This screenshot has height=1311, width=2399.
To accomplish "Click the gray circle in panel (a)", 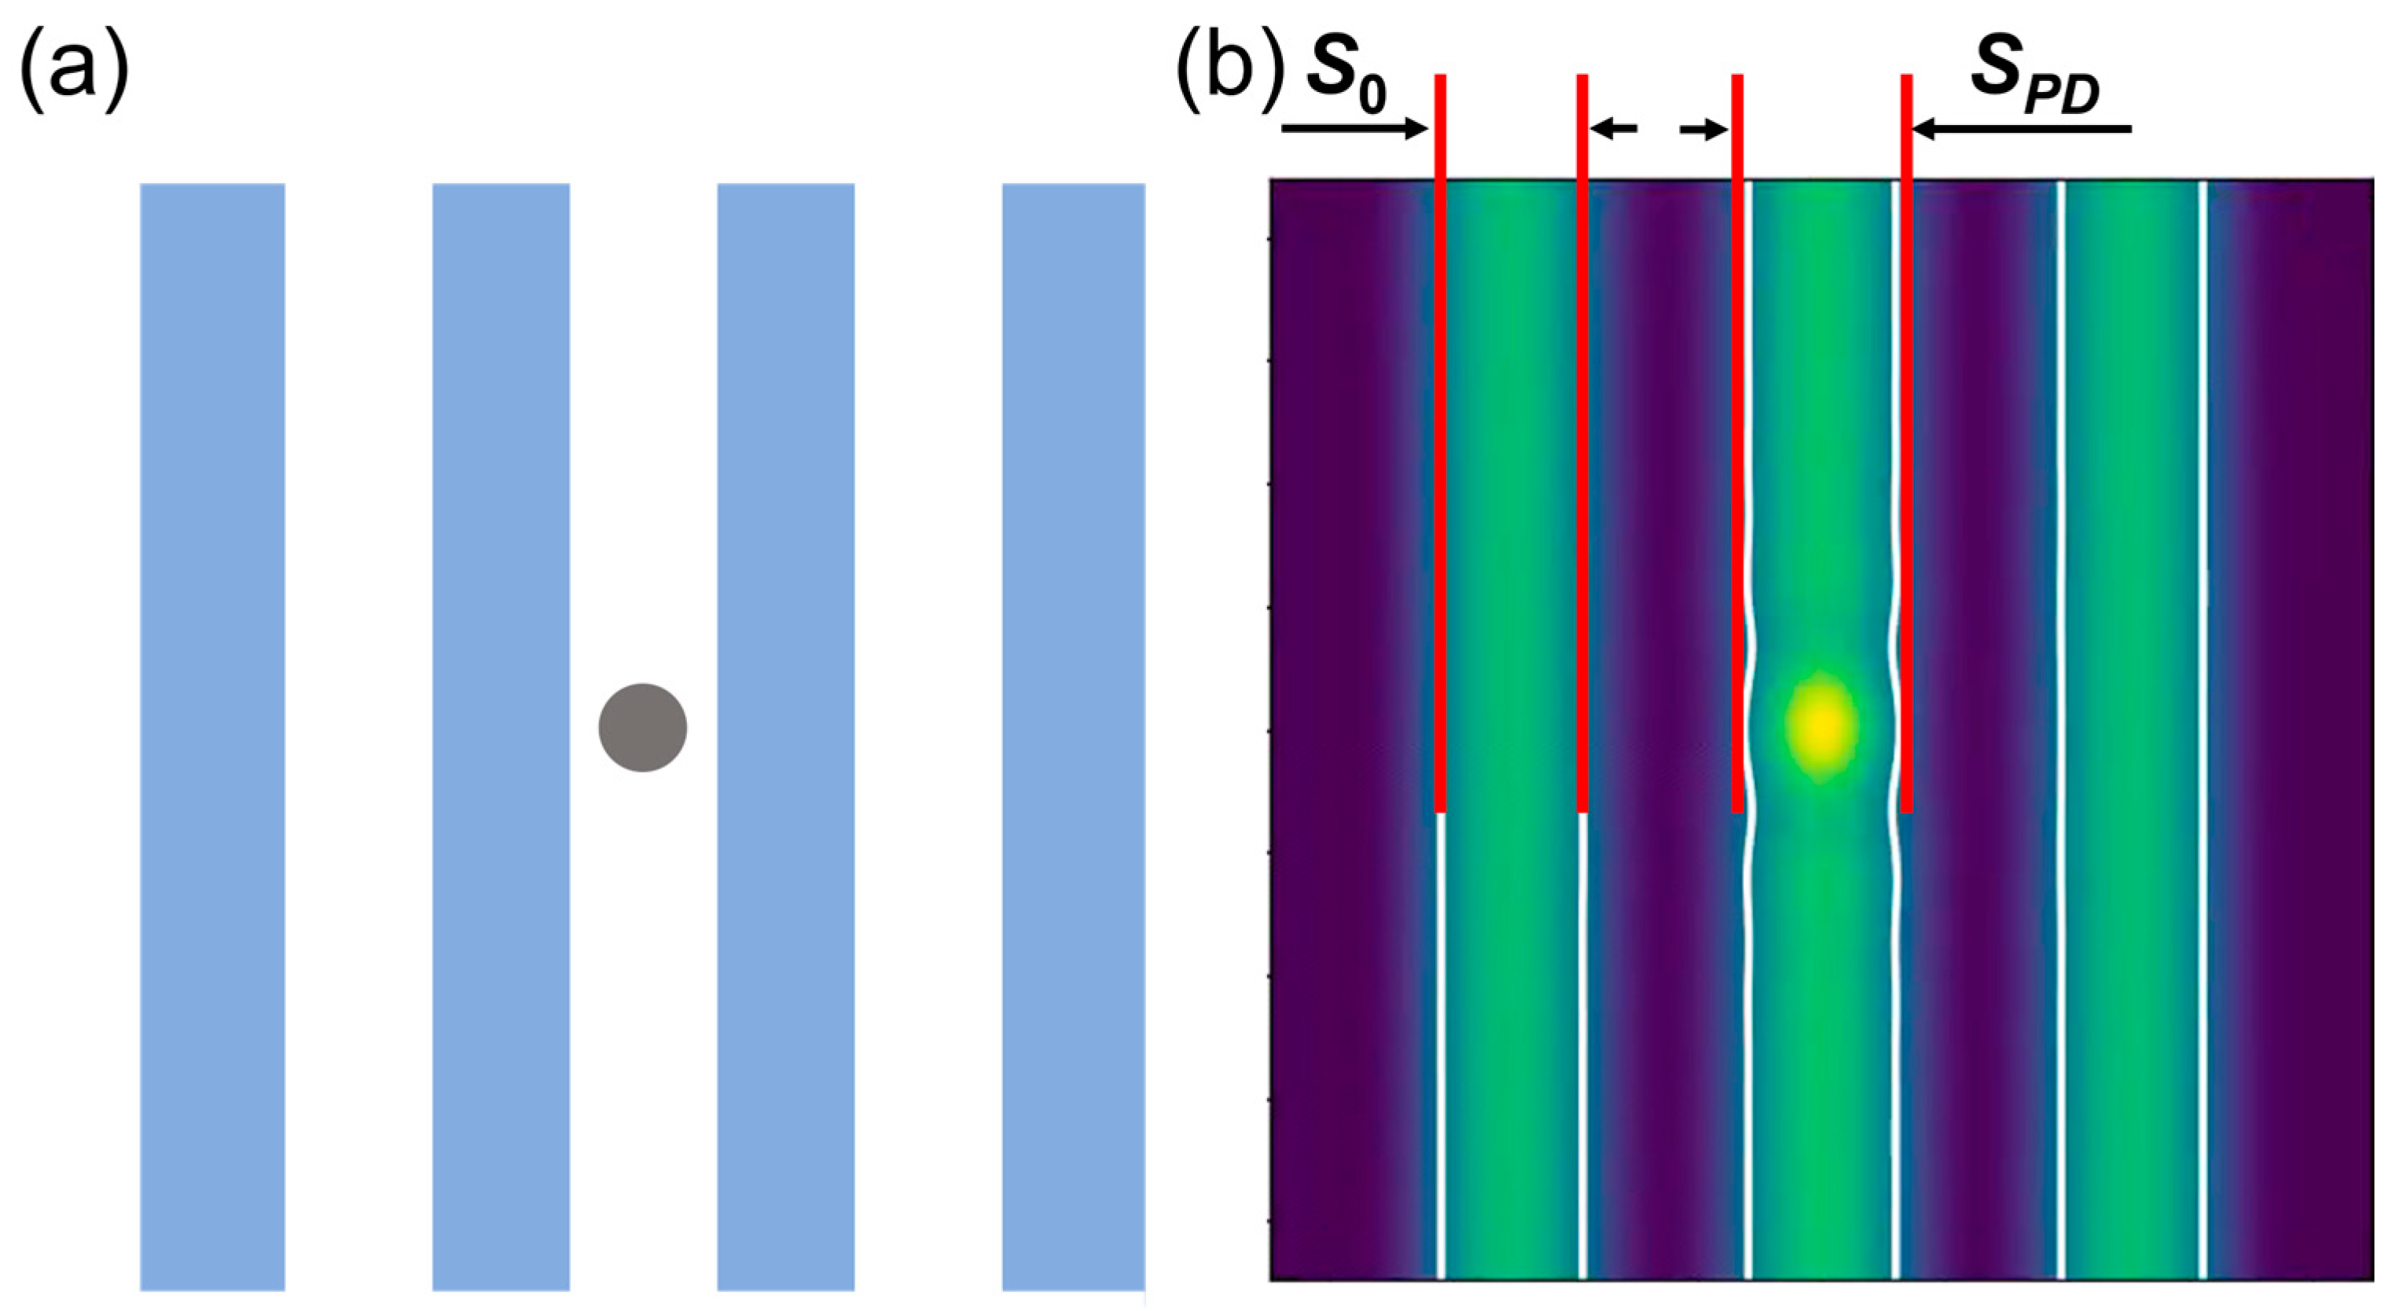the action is click(643, 727).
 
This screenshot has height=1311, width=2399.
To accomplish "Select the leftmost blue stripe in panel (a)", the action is click(212, 736).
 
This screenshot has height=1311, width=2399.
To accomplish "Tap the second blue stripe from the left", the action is click(501, 736).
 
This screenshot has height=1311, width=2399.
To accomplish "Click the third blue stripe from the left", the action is click(785, 736).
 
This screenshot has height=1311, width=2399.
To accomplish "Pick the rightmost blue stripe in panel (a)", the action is click(1073, 736).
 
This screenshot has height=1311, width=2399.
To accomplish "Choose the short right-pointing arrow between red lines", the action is click(1703, 130).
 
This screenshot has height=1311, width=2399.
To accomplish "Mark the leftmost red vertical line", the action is click(1441, 443).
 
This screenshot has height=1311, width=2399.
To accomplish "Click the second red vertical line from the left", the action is click(1582, 443).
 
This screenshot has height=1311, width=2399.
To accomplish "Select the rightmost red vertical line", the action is click(1906, 443).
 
